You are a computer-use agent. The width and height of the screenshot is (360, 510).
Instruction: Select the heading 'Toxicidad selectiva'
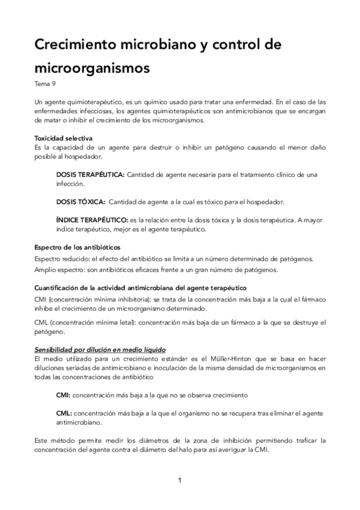(x=63, y=138)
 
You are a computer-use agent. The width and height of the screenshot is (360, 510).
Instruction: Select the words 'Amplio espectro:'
(x=59, y=269)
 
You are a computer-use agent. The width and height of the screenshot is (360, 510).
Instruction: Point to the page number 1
(x=180, y=481)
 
